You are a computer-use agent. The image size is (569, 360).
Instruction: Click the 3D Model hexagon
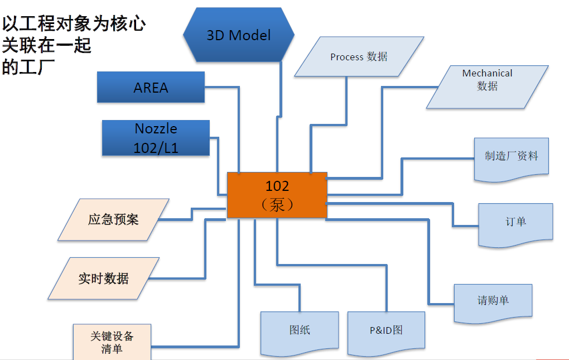click(238, 35)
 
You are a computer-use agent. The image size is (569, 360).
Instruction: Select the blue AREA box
click(151, 87)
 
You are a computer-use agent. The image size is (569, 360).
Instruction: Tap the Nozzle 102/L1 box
click(156, 138)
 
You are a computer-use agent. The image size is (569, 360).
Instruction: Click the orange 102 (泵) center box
click(277, 195)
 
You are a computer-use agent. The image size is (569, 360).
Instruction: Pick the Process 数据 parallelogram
click(359, 56)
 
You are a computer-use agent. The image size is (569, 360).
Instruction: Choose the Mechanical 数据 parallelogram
click(487, 87)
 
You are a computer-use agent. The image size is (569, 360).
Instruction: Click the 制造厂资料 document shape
click(512, 158)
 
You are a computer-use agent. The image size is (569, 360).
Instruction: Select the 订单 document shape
click(515, 223)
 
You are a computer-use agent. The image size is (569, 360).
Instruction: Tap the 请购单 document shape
click(493, 301)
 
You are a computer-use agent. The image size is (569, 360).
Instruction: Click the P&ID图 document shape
click(386, 331)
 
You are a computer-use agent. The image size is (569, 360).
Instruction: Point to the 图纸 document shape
click(300, 331)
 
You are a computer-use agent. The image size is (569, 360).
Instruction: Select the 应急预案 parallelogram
click(113, 219)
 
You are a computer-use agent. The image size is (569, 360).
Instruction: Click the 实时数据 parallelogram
click(104, 278)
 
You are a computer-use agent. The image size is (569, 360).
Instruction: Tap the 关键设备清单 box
click(112, 342)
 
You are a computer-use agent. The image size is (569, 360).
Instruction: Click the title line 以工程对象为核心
click(74, 24)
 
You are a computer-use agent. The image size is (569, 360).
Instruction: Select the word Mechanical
click(487, 73)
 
